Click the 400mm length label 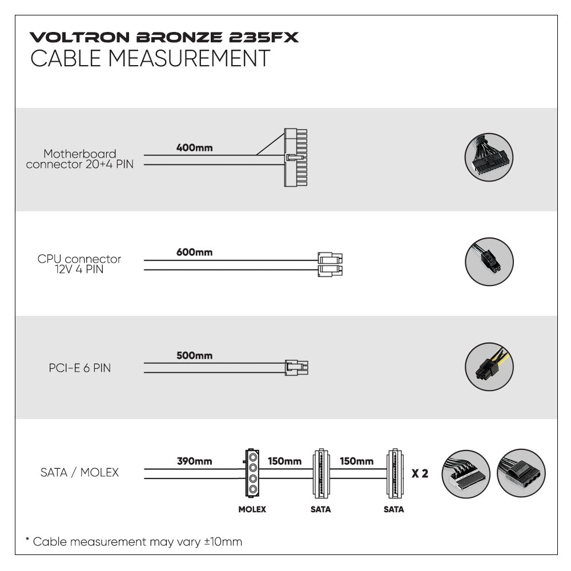point(195,147)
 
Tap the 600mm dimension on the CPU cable point(195,252)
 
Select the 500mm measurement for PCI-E point(195,355)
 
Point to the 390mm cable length point(195,461)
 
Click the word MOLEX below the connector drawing point(252,509)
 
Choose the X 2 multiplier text point(420,473)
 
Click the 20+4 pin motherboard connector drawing point(295,158)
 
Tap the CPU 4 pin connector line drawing point(330,264)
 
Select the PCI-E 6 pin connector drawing point(296,368)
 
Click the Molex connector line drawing point(252,473)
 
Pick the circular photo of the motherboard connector point(489,157)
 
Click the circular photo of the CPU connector point(489,262)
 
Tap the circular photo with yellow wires point(489,367)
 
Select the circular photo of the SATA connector point(466,473)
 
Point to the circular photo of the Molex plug point(521,473)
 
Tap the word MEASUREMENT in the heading point(189,58)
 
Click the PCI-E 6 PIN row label point(80,368)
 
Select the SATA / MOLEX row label point(80,472)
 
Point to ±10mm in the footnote point(223,541)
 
